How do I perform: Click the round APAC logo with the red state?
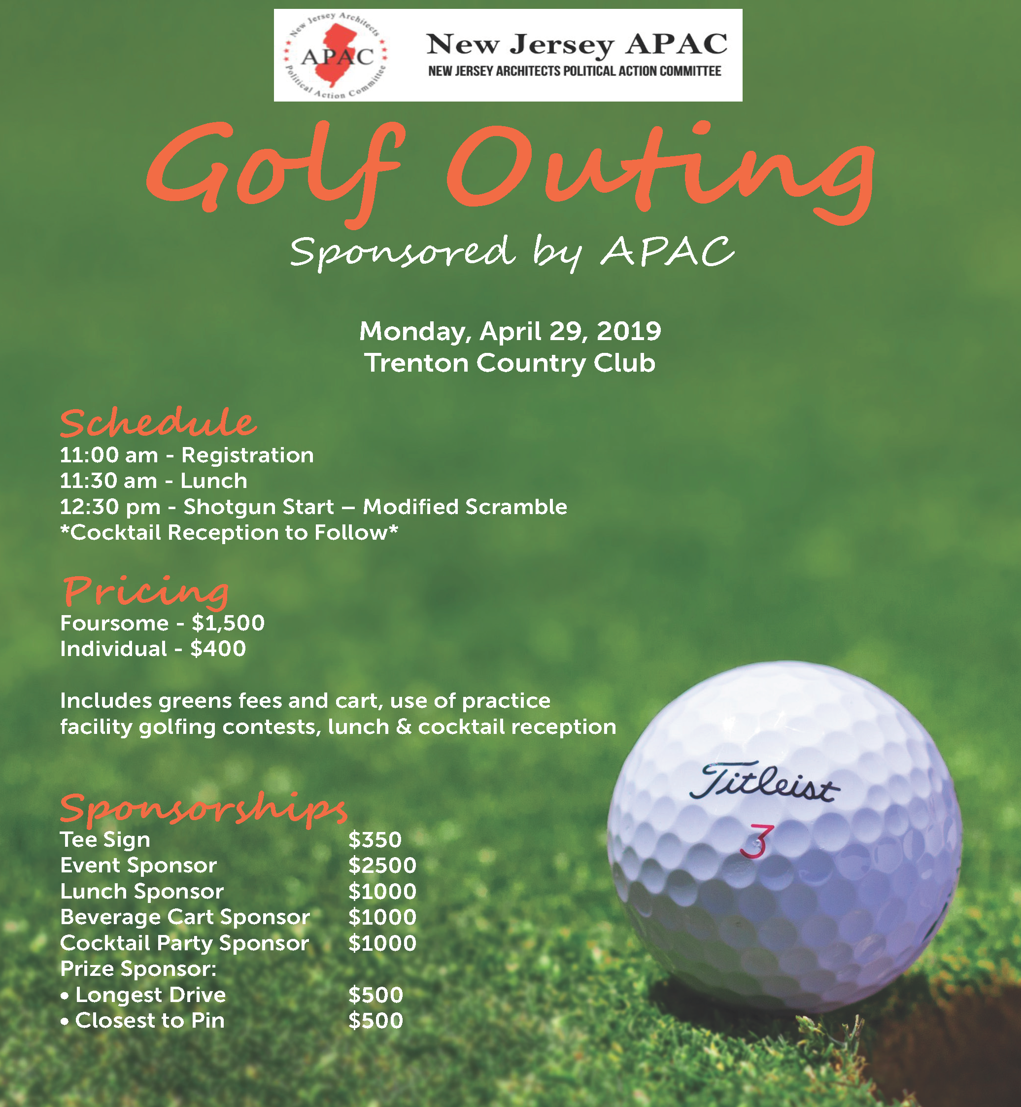pos(336,55)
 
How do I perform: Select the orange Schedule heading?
pos(158,423)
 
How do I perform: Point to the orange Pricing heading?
pos(145,591)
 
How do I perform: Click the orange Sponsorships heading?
pos(204,808)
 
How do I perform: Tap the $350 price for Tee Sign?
pos(374,840)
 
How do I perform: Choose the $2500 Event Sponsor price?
pos(382,865)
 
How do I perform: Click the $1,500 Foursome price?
pos(228,623)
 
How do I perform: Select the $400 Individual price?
pos(218,649)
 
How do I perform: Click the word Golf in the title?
pos(273,169)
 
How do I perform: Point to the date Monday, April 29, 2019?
pos(510,331)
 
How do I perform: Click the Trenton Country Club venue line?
pos(510,363)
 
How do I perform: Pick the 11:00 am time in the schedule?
pos(108,455)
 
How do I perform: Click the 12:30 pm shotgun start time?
pos(109,507)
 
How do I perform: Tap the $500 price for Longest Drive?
pos(375,995)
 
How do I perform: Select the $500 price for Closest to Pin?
pos(375,1021)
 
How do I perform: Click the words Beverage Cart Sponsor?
pos(184,917)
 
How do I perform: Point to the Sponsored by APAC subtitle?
pos(512,253)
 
